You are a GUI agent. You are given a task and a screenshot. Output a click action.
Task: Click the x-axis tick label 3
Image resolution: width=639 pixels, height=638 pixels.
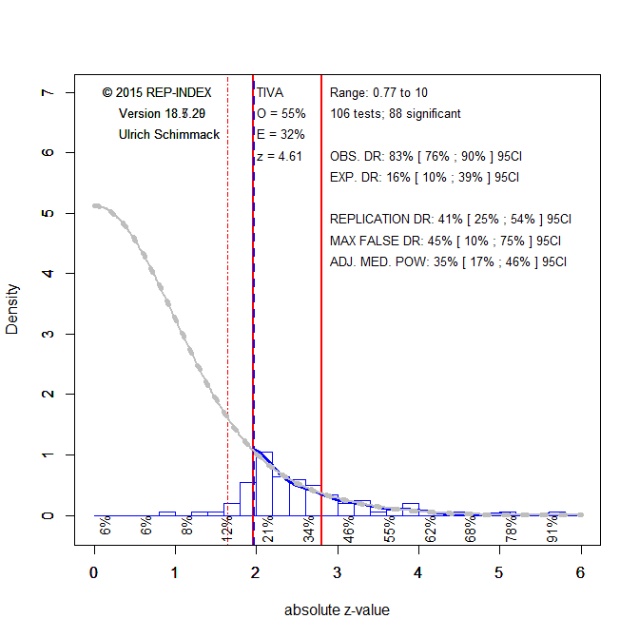tap(338, 572)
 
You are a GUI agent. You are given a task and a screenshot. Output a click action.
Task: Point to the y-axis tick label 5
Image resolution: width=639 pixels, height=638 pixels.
tap(46, 214)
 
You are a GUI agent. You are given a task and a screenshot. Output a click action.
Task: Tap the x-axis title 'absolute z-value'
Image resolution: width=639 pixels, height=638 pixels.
tap(337, 610)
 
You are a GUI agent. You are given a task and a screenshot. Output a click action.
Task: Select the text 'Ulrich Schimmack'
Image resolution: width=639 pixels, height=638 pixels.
tap(169, 135)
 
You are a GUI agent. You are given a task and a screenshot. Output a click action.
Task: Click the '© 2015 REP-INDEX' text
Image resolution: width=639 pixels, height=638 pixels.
tap(157, 93)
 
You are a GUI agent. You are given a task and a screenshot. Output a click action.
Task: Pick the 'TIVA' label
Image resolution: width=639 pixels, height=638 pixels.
tap(270, 93)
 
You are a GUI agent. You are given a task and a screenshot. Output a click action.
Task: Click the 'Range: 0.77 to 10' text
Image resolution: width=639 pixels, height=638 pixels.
tap(378, 93)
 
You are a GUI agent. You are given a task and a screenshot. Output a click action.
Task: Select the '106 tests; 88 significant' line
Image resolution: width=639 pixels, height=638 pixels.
tap(396, 114)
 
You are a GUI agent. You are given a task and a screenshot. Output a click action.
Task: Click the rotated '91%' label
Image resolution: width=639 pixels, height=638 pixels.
tap(552, 528)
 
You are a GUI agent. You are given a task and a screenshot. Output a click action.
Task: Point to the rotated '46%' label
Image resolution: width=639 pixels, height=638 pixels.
tap(350, 528)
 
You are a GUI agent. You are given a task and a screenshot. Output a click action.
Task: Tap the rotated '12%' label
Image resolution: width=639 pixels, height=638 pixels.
tap(228, 528)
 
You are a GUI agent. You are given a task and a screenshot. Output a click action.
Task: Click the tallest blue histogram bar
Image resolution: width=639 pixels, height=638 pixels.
tap(263, 484)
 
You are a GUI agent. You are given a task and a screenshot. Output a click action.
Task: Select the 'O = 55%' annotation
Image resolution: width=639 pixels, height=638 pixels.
tap(281, 114)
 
